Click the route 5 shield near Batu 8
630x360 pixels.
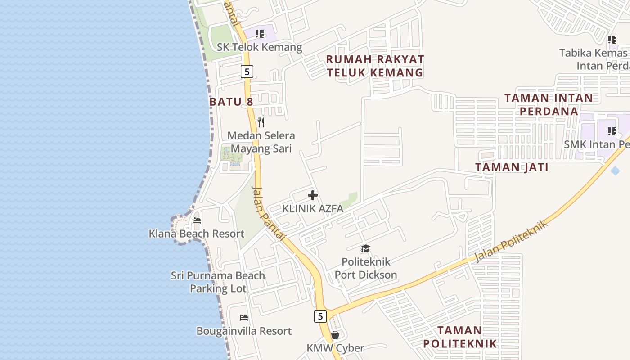click(x=247, y=71)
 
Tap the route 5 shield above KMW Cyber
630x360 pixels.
click(x=320, y=316)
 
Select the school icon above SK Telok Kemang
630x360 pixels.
click(x=259, y=34)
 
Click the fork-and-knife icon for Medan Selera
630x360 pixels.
click(x=261, y=122)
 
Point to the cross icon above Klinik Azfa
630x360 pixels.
click(x=313, y=195)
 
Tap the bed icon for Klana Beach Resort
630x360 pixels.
click(x=197, y=220)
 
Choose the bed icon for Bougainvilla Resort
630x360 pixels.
click(x=244, y=318)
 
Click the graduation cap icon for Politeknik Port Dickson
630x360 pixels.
click(x=365, y=248)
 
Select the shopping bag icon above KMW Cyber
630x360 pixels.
click(x=335, y=335)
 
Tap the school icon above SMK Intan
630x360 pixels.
click(x=612, y=131)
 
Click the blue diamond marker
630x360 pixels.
click(x=615, y=171)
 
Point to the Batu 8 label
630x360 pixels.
click(x=231, y=102)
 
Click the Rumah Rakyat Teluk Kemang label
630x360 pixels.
click(x=375, y=66)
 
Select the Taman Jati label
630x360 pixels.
click(x=512, y=167)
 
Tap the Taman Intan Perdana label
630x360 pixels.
click(x=549, y=104)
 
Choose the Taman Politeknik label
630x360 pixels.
click(x=460, y=337)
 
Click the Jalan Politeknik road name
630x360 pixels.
click(x=512, y=241)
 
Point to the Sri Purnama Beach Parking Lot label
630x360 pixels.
click(x=218, y=282)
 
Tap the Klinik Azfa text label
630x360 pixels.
click(x=313, y=209)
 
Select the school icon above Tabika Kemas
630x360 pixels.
click(x=612, y=40)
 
